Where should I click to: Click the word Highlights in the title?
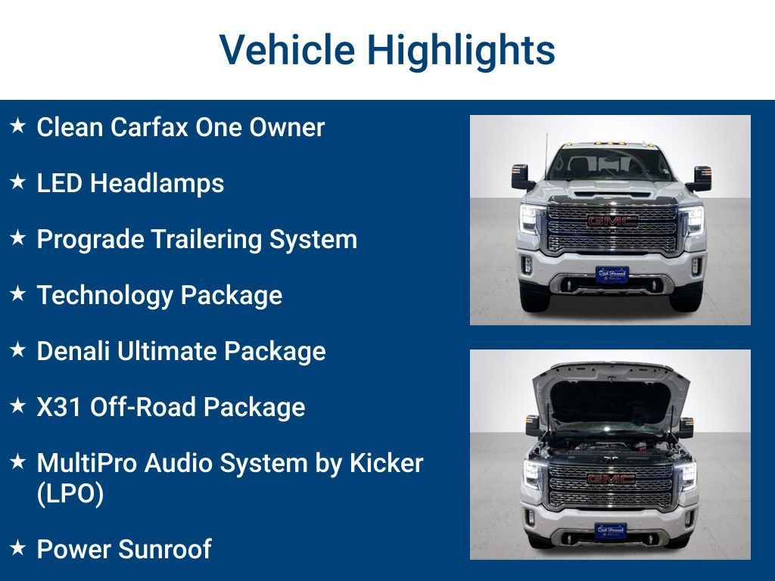click(x=461, y=51)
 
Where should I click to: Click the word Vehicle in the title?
click(x=287, y=51)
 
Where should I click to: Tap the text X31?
click(x=59, y=407)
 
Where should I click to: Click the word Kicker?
click(x=386, y=463)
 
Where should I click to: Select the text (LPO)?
click(x=70, y=494)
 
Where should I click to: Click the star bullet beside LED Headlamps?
click(x=18, y=182)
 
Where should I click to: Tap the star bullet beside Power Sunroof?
click(x=18, y=548)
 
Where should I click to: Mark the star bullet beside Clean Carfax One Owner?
click(x=18, y=126)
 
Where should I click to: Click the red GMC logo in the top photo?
click(x=611, y=221)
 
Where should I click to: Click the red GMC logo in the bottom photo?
click(x=611, y=479)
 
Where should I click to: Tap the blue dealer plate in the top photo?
click(x=612, y=274)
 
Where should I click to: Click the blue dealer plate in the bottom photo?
click(x=610, y=530)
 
